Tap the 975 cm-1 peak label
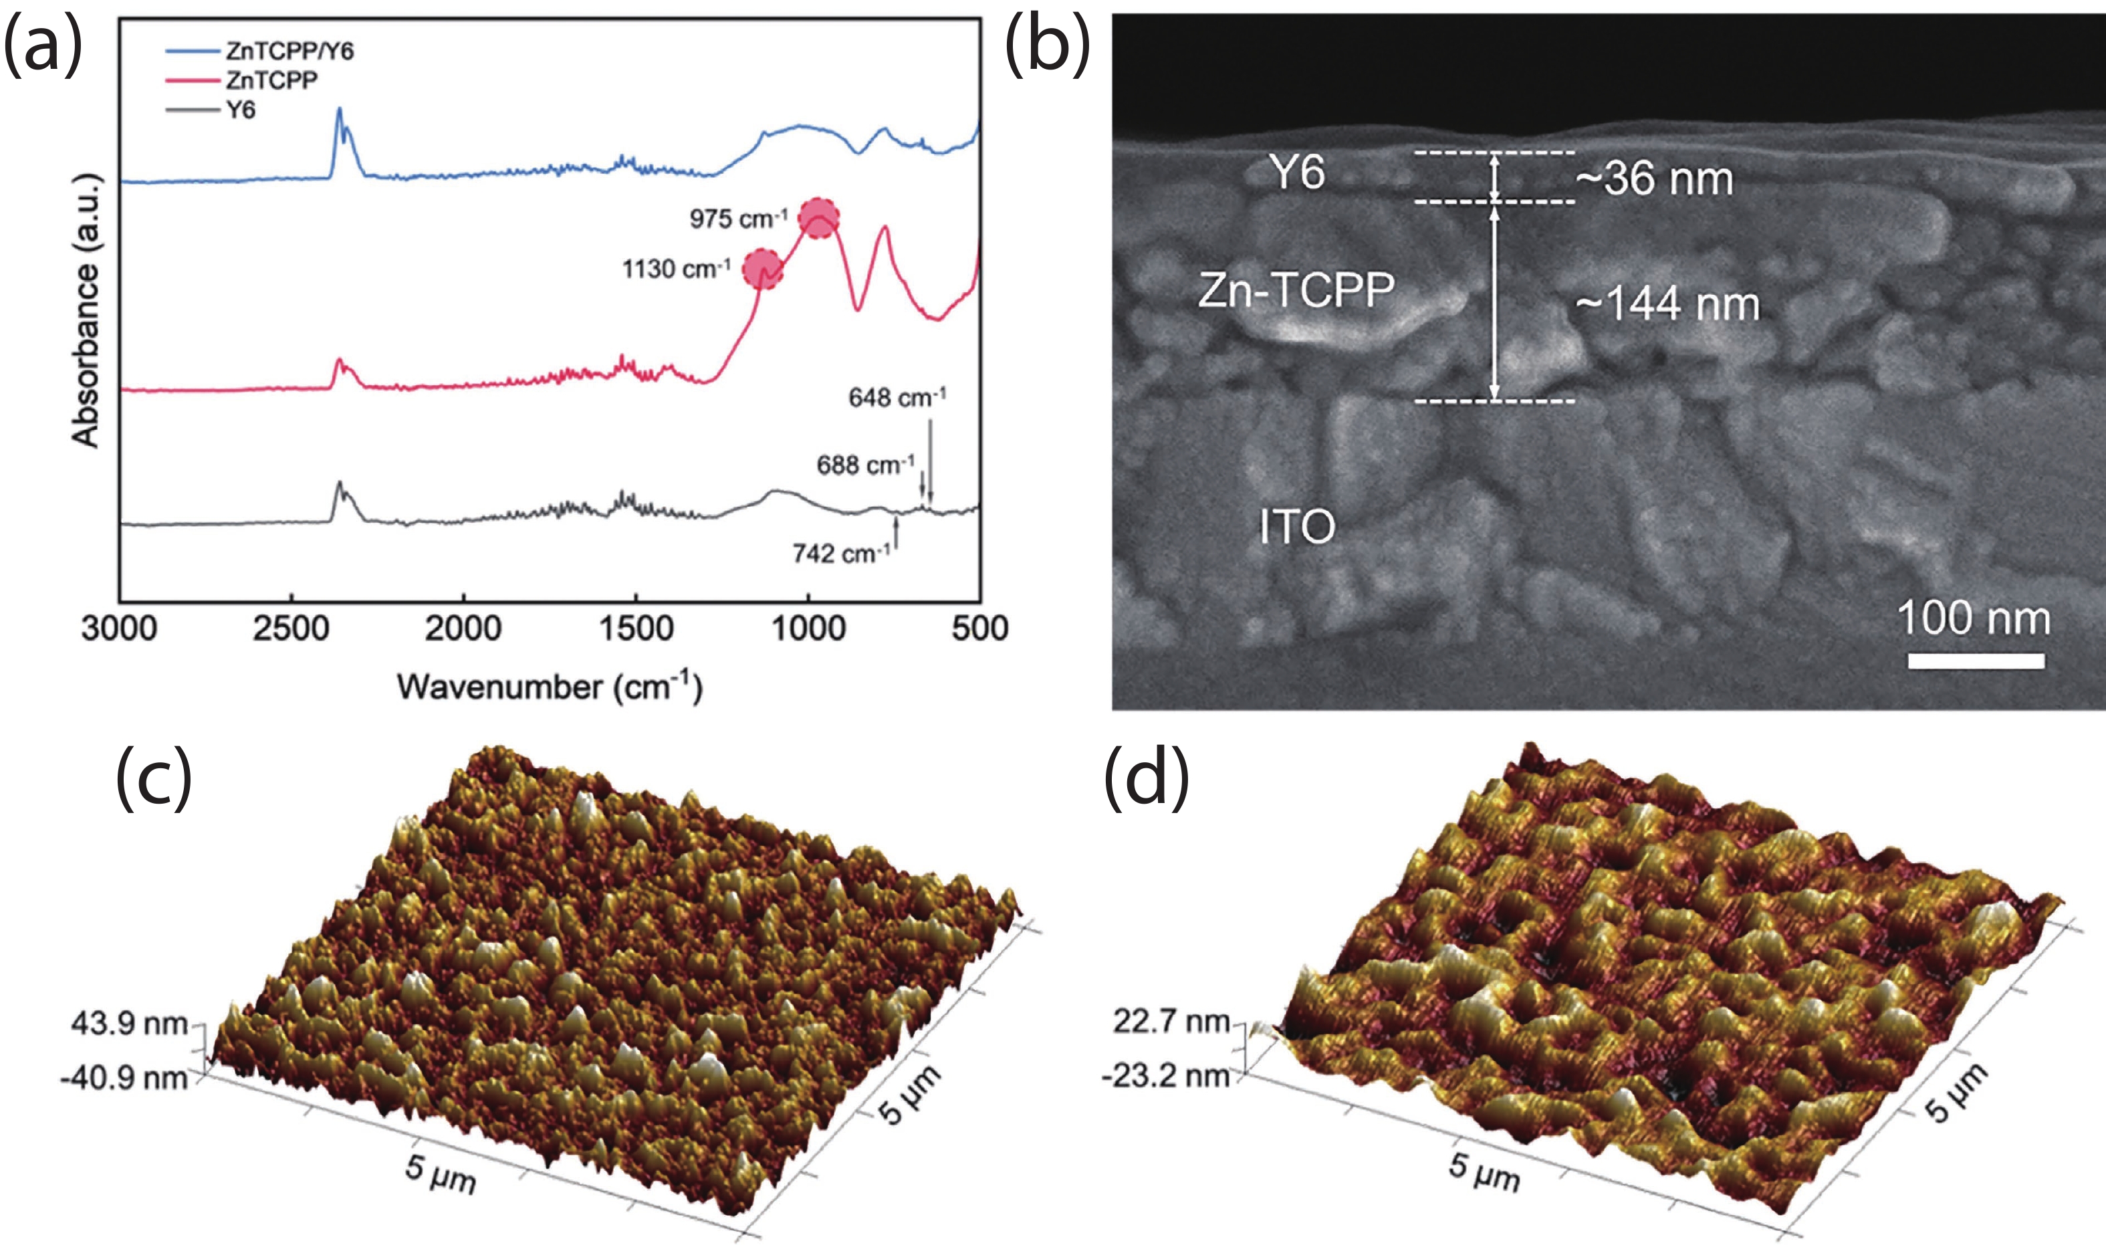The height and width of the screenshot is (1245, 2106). (x=738, y=219)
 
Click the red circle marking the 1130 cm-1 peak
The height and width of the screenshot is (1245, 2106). (x=764, y=269)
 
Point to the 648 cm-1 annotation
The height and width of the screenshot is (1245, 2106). (x=897, y=397)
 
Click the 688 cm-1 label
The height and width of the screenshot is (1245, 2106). (x=864, y=465)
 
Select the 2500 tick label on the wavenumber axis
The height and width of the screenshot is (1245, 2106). (x=291, y=629)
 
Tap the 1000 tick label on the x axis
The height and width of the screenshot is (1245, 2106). (x=808, y=629)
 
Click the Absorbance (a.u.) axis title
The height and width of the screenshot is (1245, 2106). (x=86, y=310)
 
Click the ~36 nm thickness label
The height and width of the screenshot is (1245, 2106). (x=1654, y=179)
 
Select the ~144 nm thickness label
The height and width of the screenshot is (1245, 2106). (x=1667, y=304)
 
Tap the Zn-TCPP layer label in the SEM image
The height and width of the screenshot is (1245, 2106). (x=1296, y=290)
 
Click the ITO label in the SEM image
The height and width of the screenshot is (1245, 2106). (x=1296, y=527)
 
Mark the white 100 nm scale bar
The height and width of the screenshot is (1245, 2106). (x=1976, y=661)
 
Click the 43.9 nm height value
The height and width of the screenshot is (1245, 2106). (x=128, y=1024)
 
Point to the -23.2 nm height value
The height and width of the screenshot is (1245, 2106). (x=1166, y=1076)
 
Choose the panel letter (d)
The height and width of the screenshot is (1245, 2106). (x=1146, y=778)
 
